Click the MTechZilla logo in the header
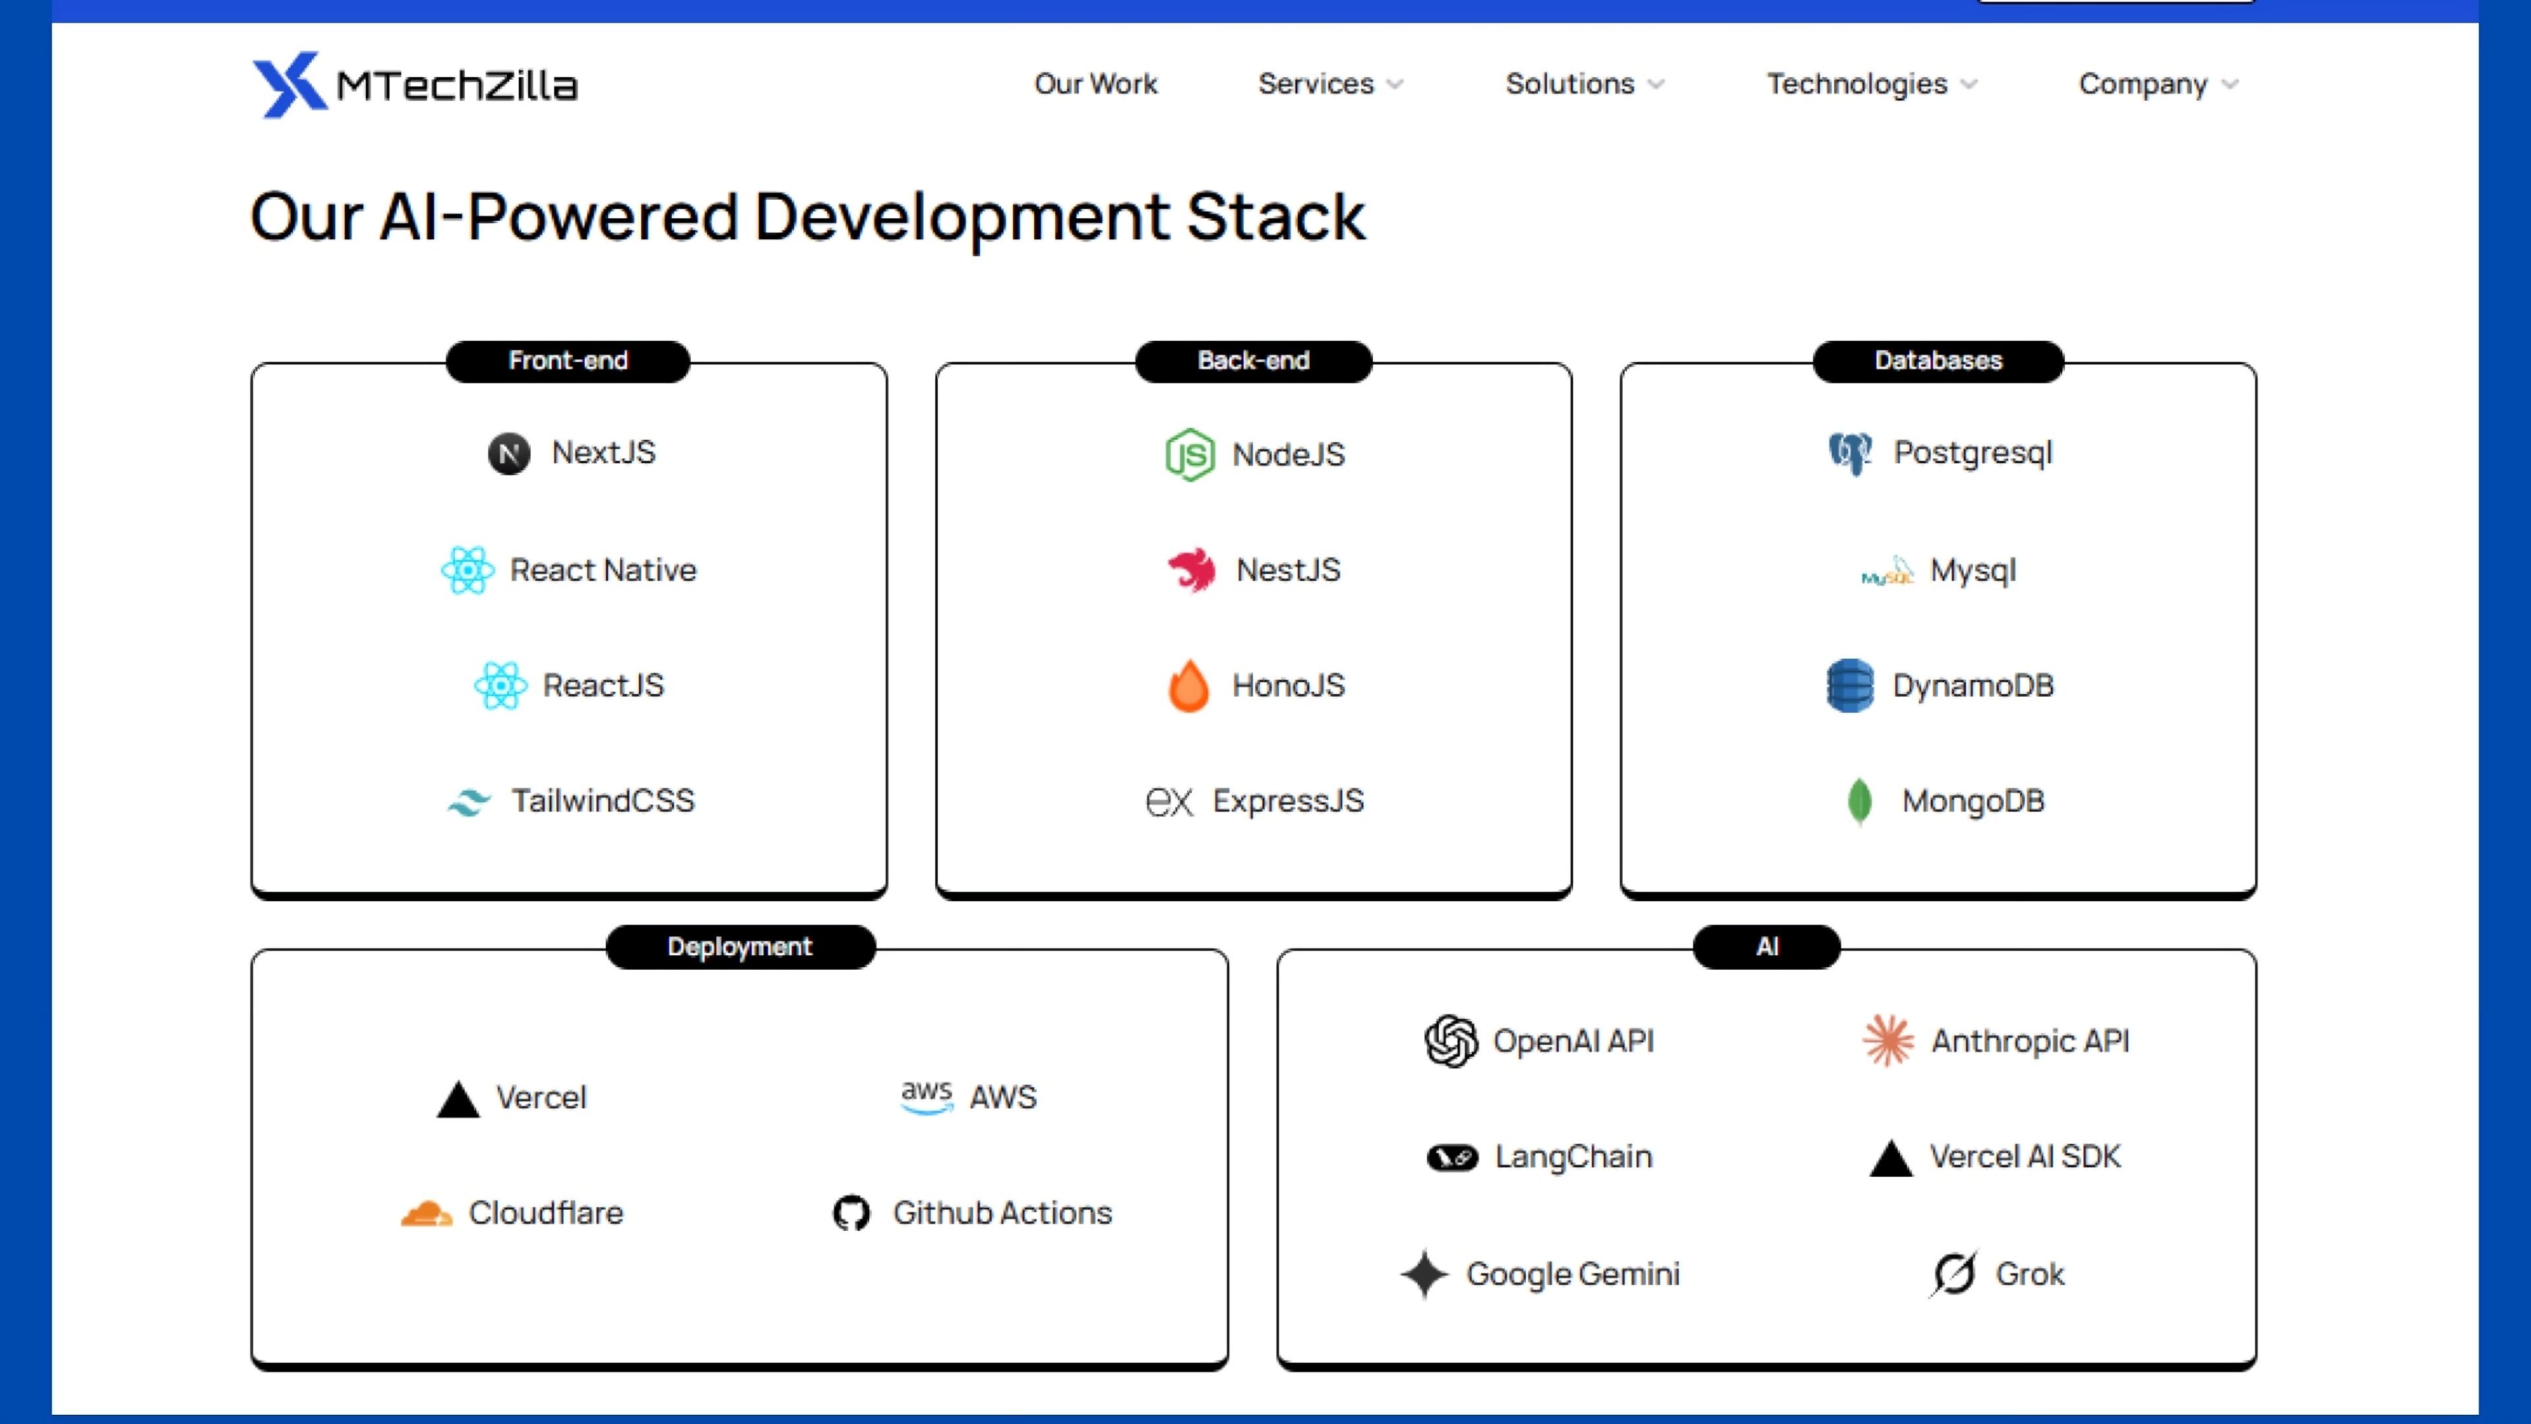(x=414, y=84)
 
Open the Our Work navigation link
(x=1095, y=84)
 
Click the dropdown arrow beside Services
(x=1395, y=84)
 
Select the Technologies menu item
(x=1857, y=84)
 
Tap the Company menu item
(x=2143, y=84)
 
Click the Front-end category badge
(x=568, y=361)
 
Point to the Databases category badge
(x=1938, y=361)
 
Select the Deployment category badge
(x=740, y=947)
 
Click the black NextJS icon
(x=509, y=453)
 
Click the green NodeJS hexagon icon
(x=1189, y=454)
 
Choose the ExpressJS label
(x=1288, y=801)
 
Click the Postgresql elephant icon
(x=1850, y=453)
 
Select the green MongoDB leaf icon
(x=1859, y=801)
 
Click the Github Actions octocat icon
(x=851, y=1214)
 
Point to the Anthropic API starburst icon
(x=1888, y=1041)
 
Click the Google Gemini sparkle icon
(x=1424, y=1274)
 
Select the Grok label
(x=2030, y=1274)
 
